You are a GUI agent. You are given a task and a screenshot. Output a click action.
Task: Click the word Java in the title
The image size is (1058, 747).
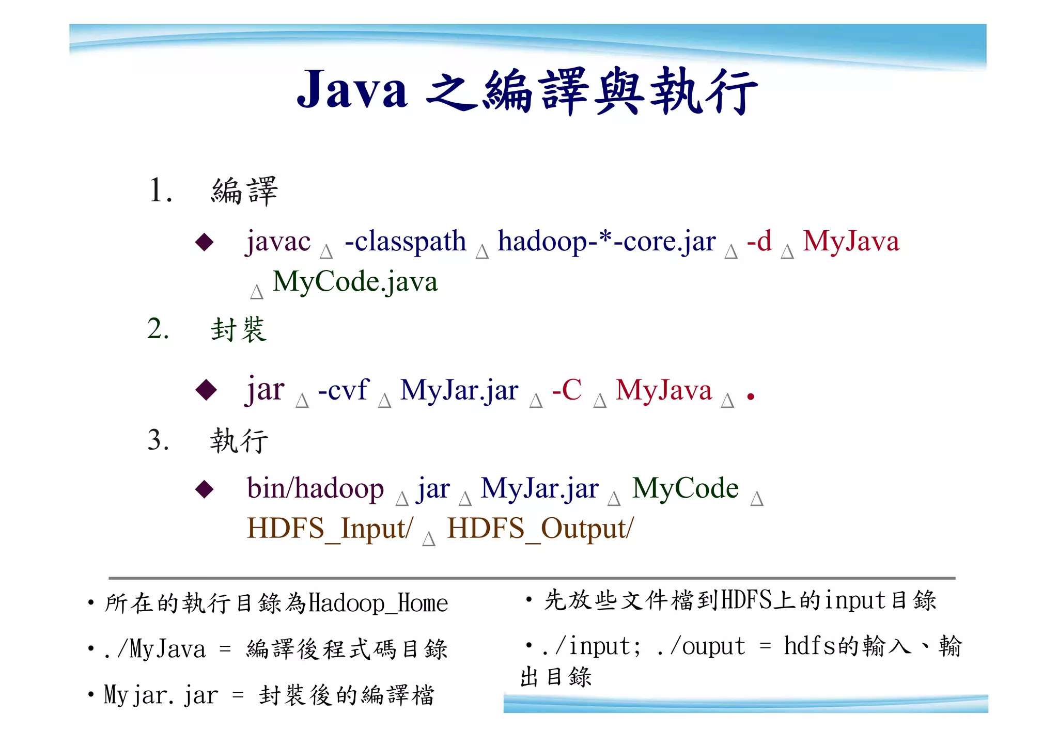point(352,90)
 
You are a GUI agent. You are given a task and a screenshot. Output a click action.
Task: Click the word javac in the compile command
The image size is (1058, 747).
point(278,242)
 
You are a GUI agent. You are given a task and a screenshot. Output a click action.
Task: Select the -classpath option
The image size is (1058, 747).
point(405,242)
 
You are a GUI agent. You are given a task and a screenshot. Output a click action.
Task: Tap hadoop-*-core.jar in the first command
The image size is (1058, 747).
point(606,242)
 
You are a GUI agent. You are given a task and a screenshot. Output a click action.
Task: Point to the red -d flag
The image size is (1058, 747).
point(759,241)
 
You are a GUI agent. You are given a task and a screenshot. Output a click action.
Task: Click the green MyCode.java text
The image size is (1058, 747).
point(355,282)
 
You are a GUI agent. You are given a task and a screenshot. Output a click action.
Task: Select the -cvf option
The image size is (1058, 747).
point(343,390)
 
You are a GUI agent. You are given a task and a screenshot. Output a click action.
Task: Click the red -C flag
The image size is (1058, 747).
point(567,390)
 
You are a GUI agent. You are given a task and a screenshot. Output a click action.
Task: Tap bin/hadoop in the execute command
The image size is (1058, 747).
point(315,488)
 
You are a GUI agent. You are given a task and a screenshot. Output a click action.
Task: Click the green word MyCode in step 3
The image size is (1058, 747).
point(686,488)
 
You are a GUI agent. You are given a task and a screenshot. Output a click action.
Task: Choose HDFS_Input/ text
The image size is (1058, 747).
point(330,529)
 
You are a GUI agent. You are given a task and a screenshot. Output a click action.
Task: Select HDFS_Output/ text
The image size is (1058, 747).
point(540,529)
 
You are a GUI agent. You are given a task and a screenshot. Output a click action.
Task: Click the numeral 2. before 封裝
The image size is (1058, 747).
point(158,329)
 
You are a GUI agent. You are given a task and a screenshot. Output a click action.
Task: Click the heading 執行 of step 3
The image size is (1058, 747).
point(239,441)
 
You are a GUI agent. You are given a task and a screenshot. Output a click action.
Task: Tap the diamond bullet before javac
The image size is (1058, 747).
point(205,242)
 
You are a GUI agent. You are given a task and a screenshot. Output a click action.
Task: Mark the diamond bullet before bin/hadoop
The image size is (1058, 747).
point(205,489)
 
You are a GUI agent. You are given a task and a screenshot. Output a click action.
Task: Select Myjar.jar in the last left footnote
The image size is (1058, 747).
point(161,695)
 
